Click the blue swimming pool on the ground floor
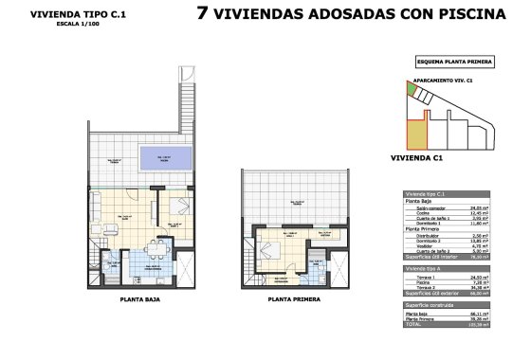(x=165, y=158)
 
